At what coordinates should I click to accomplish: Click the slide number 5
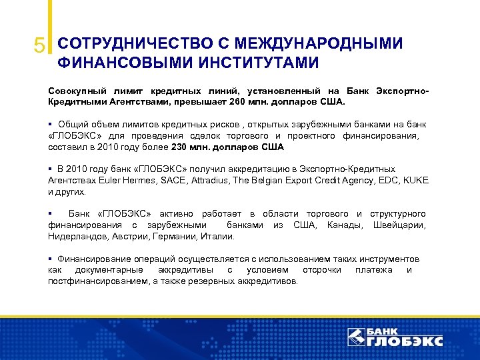point(40,45)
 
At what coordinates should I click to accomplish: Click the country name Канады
point(344,225)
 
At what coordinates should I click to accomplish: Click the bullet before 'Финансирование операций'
point(51,259)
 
